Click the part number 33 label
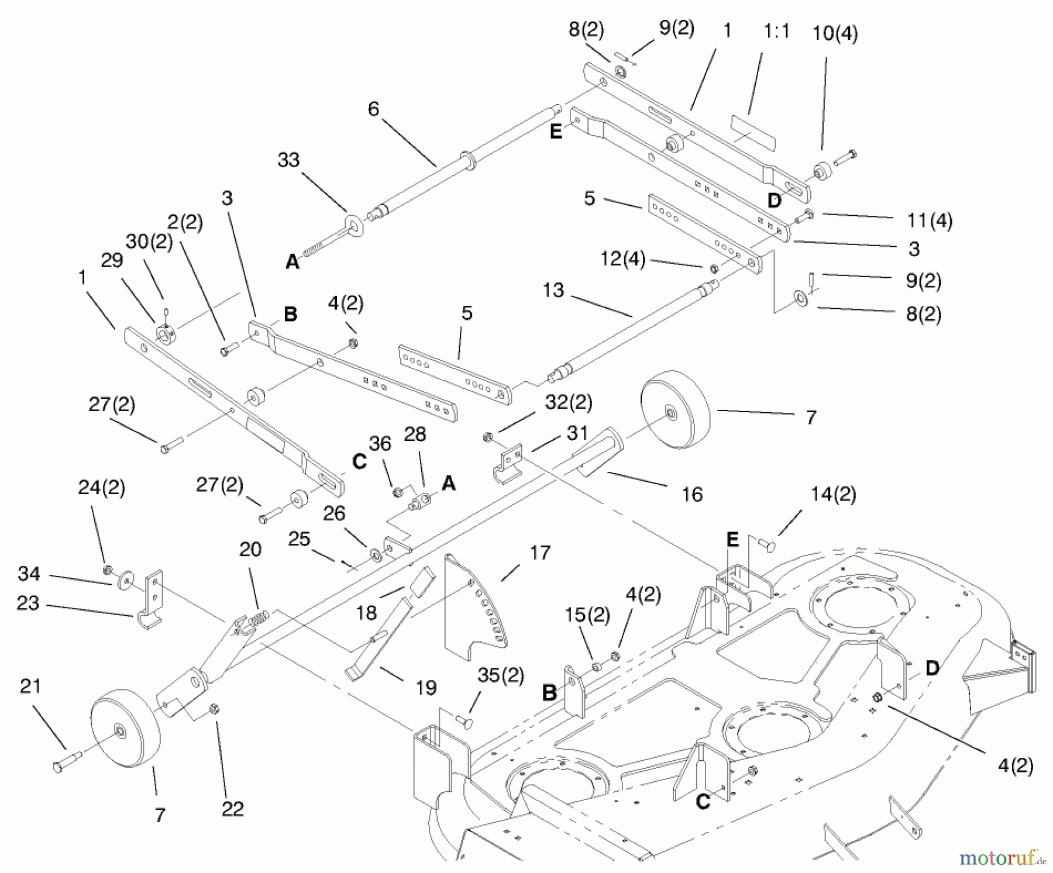click(x=288, y=160)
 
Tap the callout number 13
click(x=553, y=290)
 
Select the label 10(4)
click(x=835, y=33)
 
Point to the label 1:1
click(x=776, y=31)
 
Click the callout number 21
click(x=30, y=685)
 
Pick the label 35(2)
click(x=501, y=675)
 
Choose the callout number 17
click(x=539, y=553)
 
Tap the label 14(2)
click(x=833, y=495)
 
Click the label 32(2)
click(x=569, y=402)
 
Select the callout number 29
click(x=112, y=261)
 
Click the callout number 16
click(x=692, y=494)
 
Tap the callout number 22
click(x=232, y=809)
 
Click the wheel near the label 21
click(x=125, y=727)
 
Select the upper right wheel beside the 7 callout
click(x=675, y=409)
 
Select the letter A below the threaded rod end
click(x=292, y=263)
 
